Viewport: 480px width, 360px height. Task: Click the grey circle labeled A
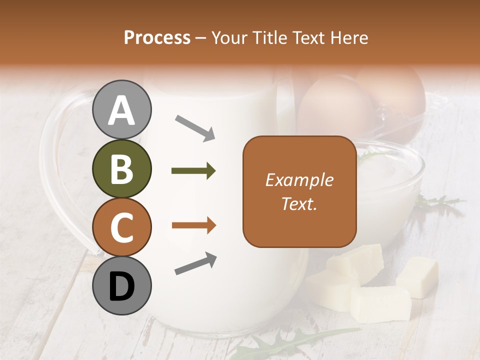[x=122, y=109]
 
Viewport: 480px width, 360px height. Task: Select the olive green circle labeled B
[x=122, y=169]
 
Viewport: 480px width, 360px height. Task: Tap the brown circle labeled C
[x=122, y=227]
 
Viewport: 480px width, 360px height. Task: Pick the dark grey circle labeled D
[x=122, y=285]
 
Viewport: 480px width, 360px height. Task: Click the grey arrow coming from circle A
[x=195, y=127]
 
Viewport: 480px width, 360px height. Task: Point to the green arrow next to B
[x=193, y=171]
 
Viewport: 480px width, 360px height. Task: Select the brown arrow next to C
[x=193, y=225]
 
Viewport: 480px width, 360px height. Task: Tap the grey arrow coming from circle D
[x=195, y=264]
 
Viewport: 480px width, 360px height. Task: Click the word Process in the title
[x=157, y=37]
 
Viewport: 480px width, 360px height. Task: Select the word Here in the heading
[x=350, y=37]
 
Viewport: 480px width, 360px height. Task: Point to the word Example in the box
[x=299, y=180]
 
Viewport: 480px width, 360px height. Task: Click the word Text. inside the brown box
[x=299, y=203]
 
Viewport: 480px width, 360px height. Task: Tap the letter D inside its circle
[x=122, y=287]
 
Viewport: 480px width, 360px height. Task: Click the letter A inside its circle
[x=122, y=111]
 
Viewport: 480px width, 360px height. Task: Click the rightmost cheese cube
[x=417, y=276]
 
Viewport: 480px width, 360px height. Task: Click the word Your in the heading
[x=228, y=37]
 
